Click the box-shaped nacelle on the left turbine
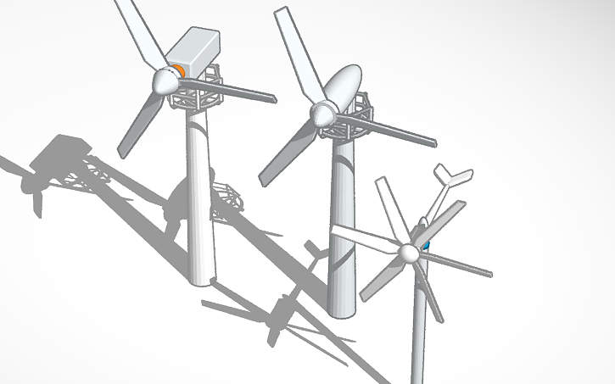click(197, 53)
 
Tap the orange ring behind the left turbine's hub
click(179, 70)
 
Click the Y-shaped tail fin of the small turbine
click(450, 180)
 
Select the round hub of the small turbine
click(410, 253)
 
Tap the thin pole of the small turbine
click(417, 331)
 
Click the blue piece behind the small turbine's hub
click(426, 246)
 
